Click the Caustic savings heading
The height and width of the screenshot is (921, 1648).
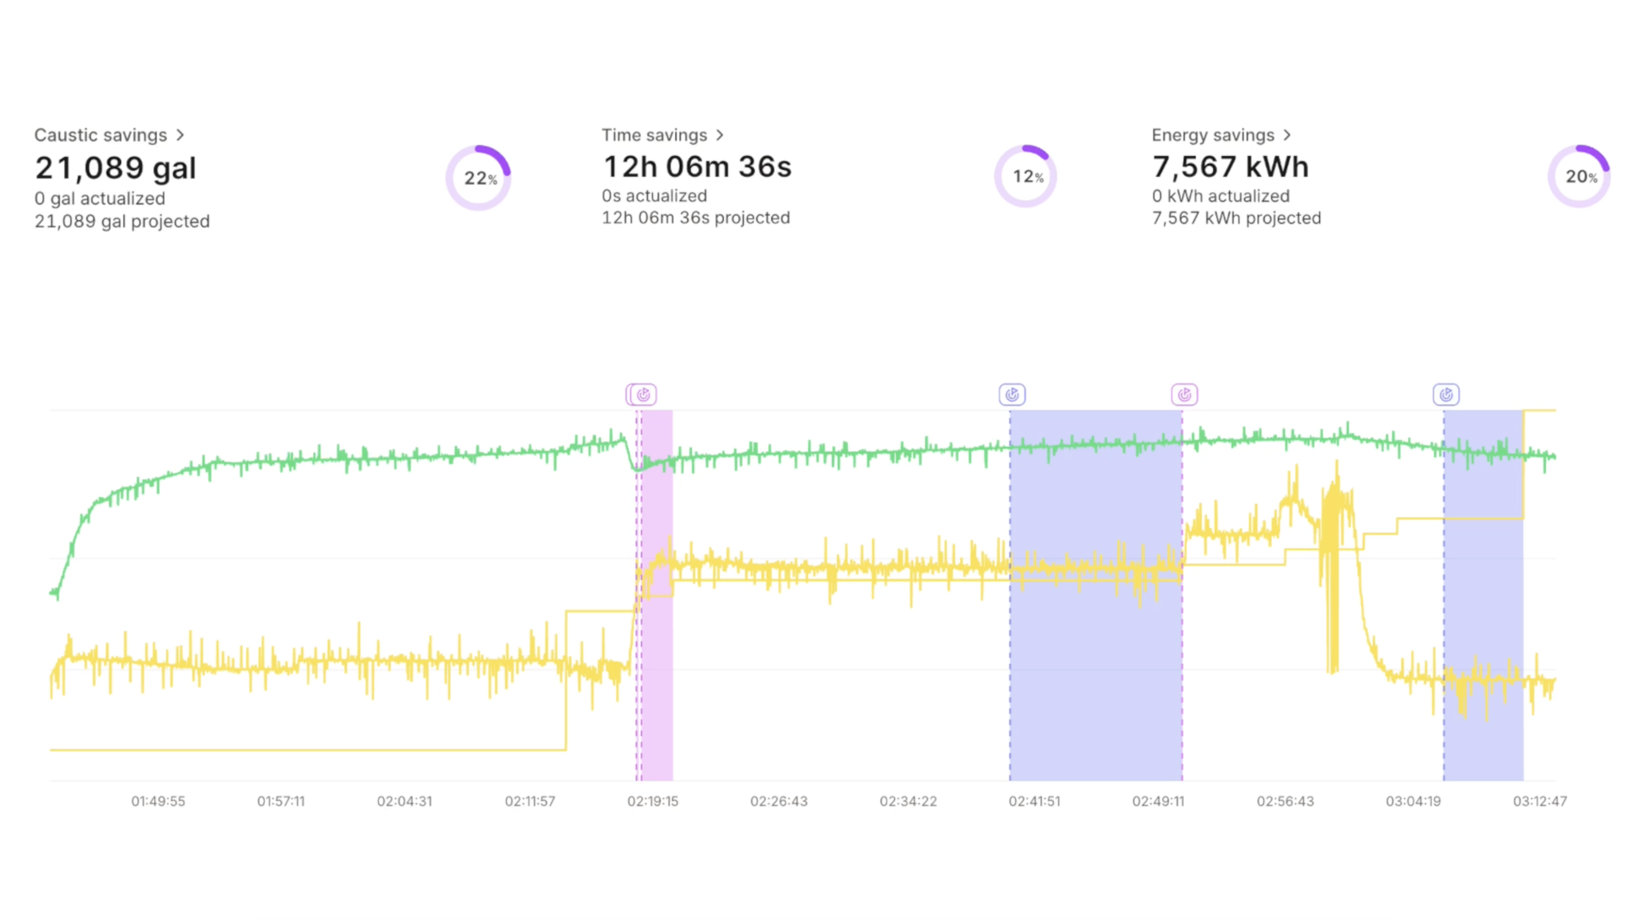click(x=101, y=135)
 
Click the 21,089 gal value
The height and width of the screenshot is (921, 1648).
click(x=116, y=168)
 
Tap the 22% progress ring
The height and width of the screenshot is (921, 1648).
click(x=478, y=178)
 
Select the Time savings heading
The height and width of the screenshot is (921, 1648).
click(x=655, y=135)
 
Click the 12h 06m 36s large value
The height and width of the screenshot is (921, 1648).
click(x=697, y=167)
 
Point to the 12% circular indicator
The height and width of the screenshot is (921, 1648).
click(x=1025, y=177)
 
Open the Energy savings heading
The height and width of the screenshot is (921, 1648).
click(x=1213, y=135)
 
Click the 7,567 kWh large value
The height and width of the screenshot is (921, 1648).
click(x=1230, y=167)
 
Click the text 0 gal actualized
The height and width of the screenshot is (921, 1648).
click(x=100, y=198)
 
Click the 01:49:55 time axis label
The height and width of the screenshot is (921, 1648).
click(x=158, y=802)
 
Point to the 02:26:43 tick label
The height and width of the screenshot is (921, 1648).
click(x=778, y=802)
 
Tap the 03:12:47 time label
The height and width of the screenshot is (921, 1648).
click(x=1539, y=802)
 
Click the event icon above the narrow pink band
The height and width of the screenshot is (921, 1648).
click(x=643, y=395)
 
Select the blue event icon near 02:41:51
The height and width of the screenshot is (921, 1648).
click(x=1012, y=395)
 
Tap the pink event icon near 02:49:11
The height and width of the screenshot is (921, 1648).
click(x=1184, y=395)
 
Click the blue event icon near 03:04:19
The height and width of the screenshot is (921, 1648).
click(x=1446, y=395)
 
